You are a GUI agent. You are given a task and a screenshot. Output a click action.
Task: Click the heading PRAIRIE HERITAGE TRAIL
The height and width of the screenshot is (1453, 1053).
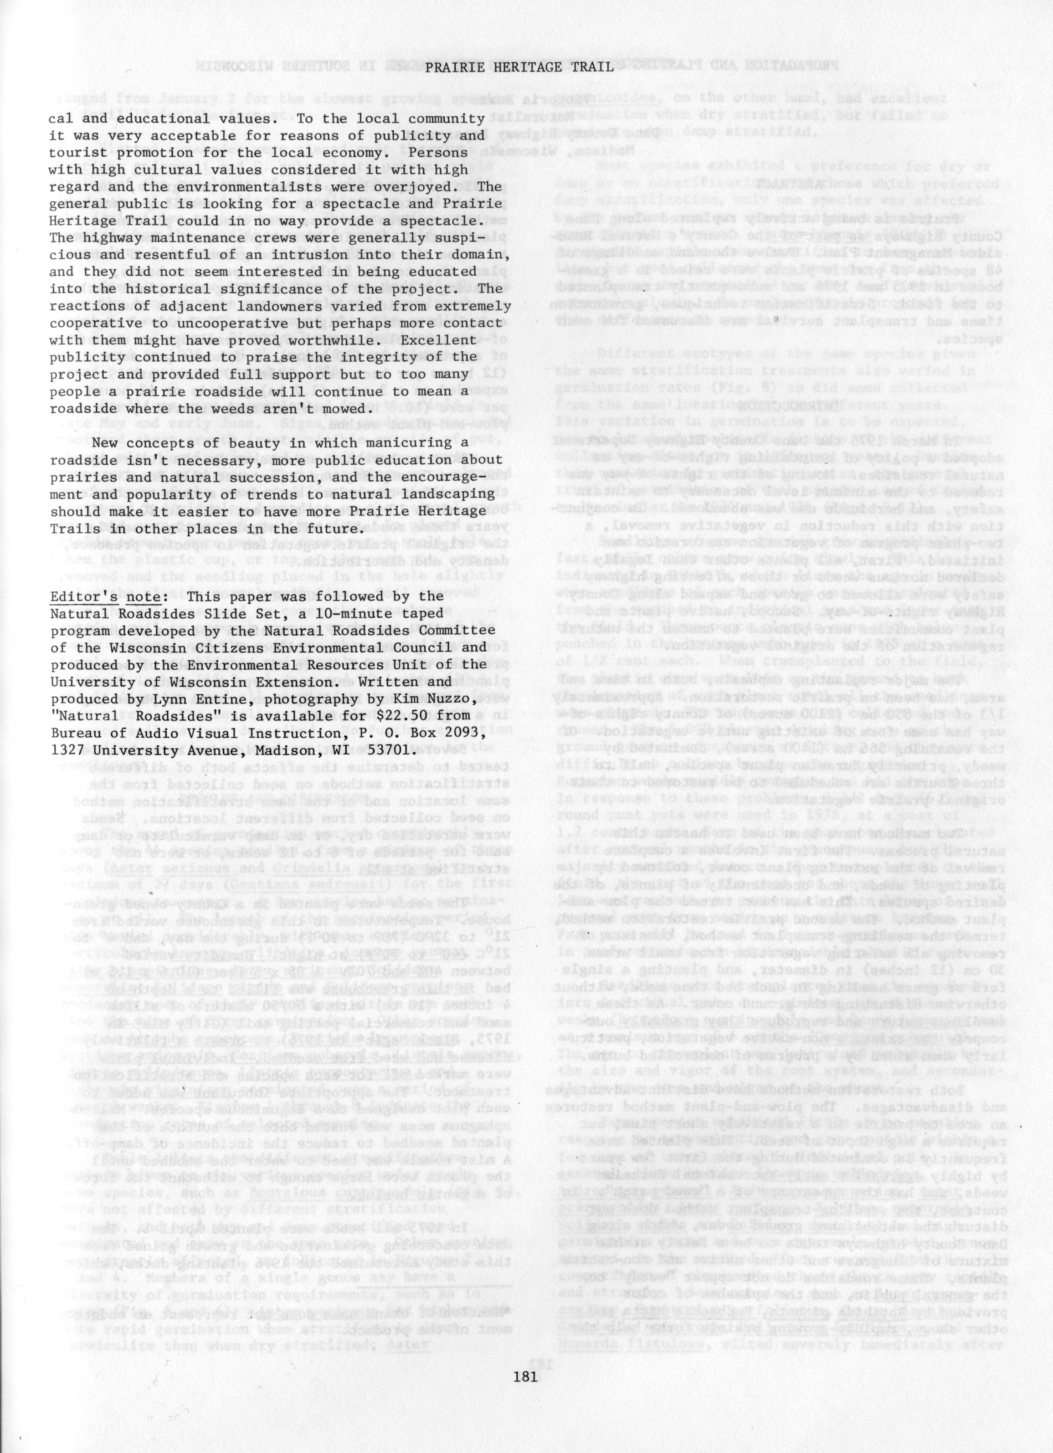pyautogui.click(x=519, y=66)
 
